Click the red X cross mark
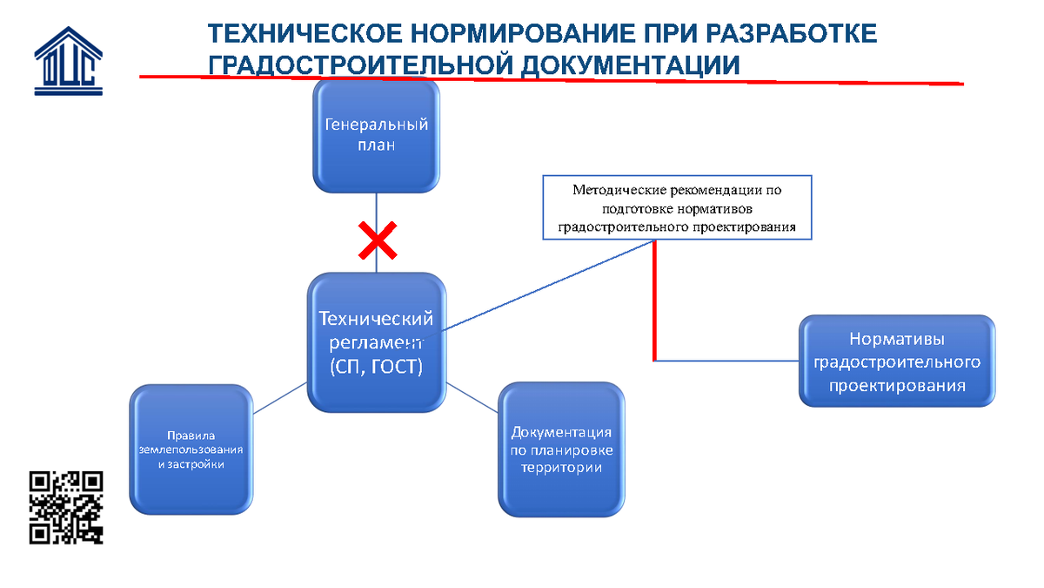click(378, 240)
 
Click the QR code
click(66, 508)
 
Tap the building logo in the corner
click(69, 61)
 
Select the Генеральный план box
click(376, 136)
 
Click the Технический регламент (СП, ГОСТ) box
click(377, 342)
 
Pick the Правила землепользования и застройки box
click(191, 449)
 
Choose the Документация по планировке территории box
click(561, 449)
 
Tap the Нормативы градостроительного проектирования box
click(897, 362)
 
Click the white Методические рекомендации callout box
click(677, 207)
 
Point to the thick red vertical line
click(654, 301)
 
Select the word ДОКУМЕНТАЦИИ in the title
click(630, 65)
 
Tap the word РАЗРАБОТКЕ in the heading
click(792, 34)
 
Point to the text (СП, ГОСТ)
click(376, 367)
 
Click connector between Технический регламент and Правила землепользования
click(279, 398)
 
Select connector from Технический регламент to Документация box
click(472, 397)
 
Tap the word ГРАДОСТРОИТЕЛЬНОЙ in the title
click(360, 65)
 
